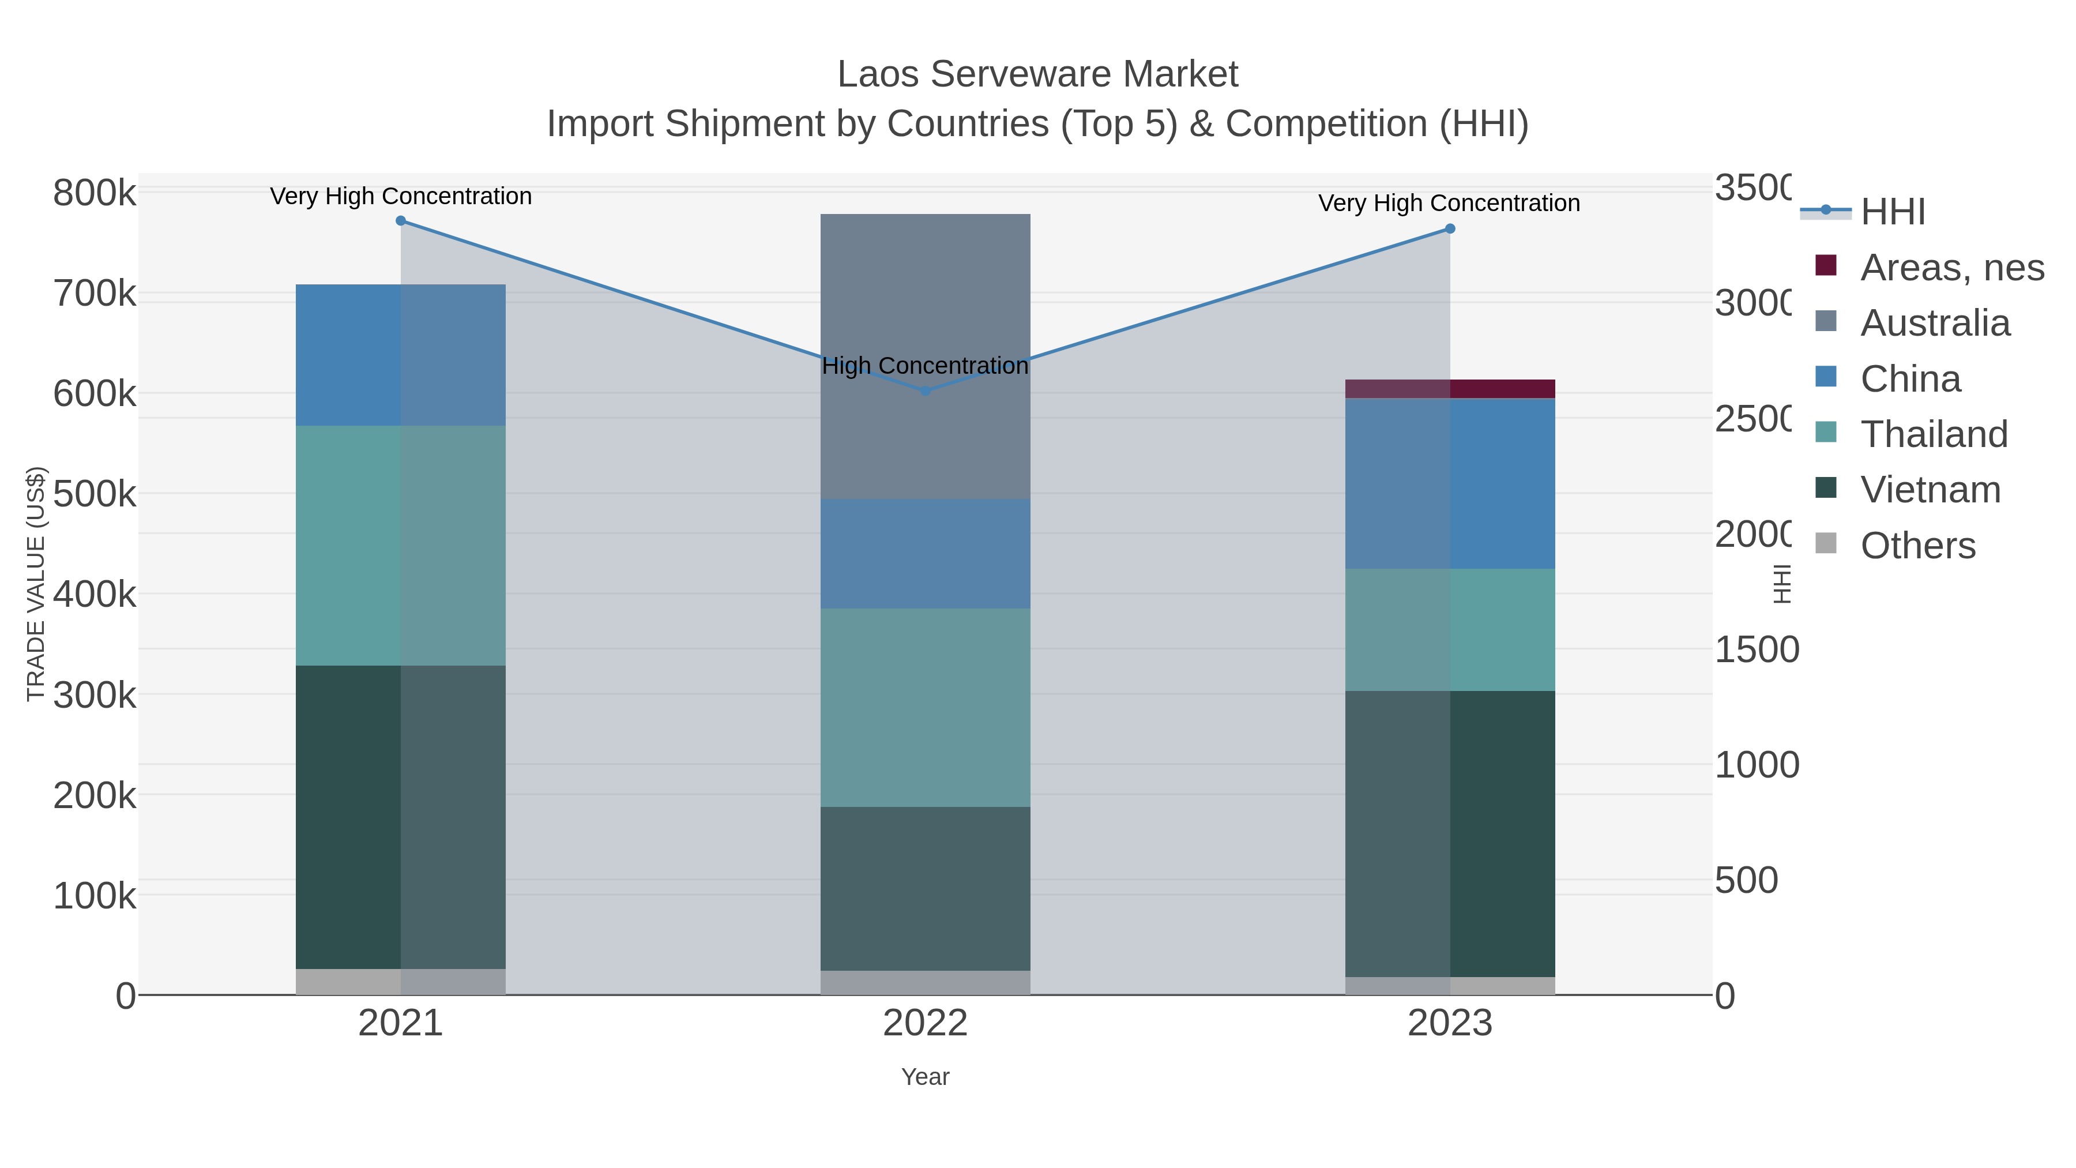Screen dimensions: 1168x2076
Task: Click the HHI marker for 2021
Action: (401, 221)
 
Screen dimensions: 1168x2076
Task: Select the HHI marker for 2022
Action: (925, 391)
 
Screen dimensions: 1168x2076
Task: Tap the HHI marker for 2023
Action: (1450, 229)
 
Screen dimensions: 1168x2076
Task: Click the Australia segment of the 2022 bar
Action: (925, 306)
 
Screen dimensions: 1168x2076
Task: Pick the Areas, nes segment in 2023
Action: (1450, 389)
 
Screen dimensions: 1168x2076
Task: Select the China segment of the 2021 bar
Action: (401, 355)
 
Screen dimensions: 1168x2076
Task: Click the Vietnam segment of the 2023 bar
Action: (1450, 833)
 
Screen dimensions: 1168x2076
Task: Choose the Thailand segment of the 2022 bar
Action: (925, 708)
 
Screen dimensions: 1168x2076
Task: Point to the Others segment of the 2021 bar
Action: (401, 981)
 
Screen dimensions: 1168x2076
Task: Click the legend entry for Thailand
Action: (1934, 434)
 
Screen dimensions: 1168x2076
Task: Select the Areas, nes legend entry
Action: (1951, 268)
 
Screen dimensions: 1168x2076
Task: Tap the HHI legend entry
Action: (1892, 212)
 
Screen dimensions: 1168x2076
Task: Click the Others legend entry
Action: (1917, 546)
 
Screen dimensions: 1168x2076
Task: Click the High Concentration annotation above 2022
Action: (925, 365)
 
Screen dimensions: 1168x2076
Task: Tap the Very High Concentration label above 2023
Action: (1448, 203)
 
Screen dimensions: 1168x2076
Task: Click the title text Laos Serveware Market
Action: (1037, 74)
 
